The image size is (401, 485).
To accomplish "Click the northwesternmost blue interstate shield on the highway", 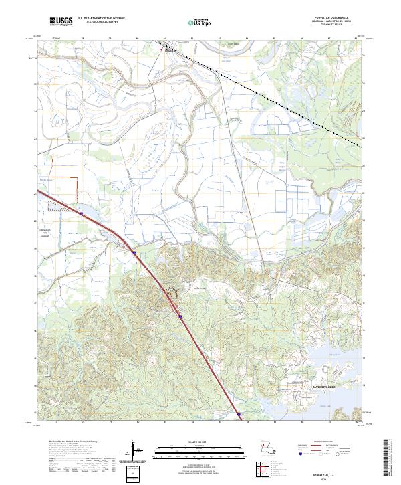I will pyautogui.click(x=80, y=214).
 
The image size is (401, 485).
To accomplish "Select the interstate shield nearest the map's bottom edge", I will pyautogui.click(x=239, y=415).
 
